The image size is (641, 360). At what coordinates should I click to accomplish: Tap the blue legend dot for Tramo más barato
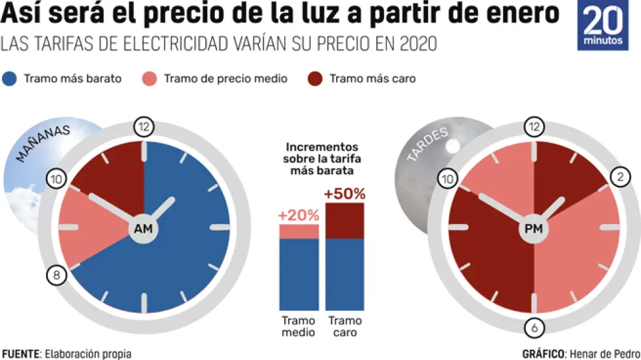click(10, 79)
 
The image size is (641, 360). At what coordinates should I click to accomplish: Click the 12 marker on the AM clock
click(143, 127)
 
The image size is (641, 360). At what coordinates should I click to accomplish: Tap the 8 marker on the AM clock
click(56, 276)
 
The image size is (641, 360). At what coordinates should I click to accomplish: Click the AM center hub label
click(143, 229)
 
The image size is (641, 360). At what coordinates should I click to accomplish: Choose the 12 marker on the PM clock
click(534, 127)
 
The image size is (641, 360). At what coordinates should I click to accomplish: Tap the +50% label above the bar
click(344, 194)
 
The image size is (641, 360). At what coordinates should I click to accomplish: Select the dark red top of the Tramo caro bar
click(345, 221)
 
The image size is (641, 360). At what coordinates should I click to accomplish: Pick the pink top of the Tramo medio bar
click(298, 232)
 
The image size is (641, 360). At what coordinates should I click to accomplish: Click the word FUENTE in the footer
click(19, 354)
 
